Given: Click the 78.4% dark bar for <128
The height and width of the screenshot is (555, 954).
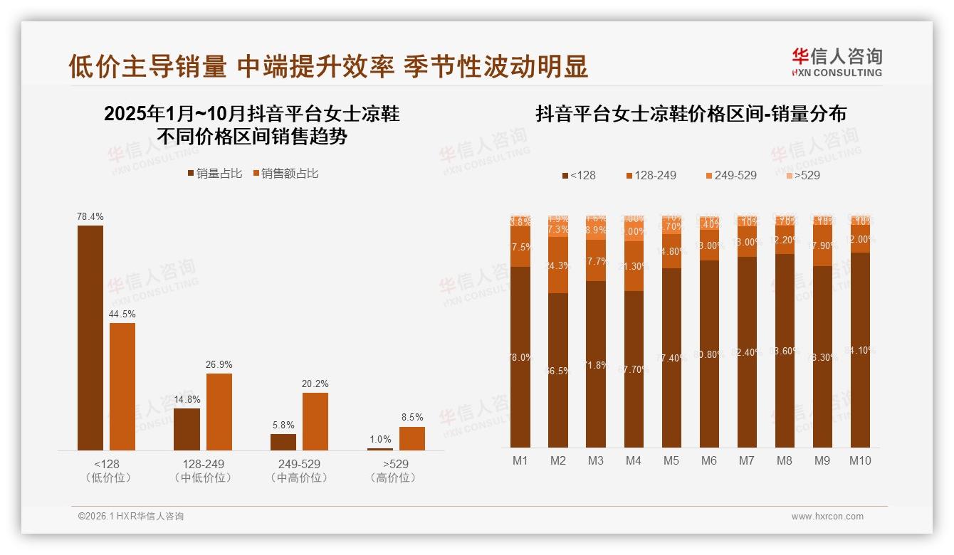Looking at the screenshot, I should (90, 337).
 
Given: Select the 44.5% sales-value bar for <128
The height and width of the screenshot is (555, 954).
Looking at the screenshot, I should (122, 386).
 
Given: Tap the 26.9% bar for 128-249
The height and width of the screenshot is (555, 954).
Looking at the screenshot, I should (219, 411).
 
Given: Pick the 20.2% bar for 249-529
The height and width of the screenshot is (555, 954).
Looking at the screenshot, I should (315, 421).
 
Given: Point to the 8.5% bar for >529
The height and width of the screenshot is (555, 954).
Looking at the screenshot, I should (412, 438).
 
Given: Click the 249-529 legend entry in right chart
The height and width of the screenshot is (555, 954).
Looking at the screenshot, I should (731, 175).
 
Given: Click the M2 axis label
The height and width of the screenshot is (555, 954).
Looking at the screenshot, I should (558, 460).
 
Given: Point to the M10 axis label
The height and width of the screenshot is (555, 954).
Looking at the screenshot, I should (860, 460).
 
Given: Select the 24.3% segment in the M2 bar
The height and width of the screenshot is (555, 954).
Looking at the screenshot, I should (558, 265).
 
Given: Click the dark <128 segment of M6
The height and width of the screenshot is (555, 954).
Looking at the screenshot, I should (709, 354).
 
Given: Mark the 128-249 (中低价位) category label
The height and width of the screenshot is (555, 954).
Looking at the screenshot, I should (203, 470).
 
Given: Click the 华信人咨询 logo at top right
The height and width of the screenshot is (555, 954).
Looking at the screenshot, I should (837, 62).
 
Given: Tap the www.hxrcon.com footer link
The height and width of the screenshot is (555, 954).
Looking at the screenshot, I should (827, 517).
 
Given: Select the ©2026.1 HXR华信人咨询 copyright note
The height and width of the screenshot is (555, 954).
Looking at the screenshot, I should (131, 517).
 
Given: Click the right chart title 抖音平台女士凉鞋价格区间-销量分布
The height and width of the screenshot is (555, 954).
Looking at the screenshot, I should (691, 114).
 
